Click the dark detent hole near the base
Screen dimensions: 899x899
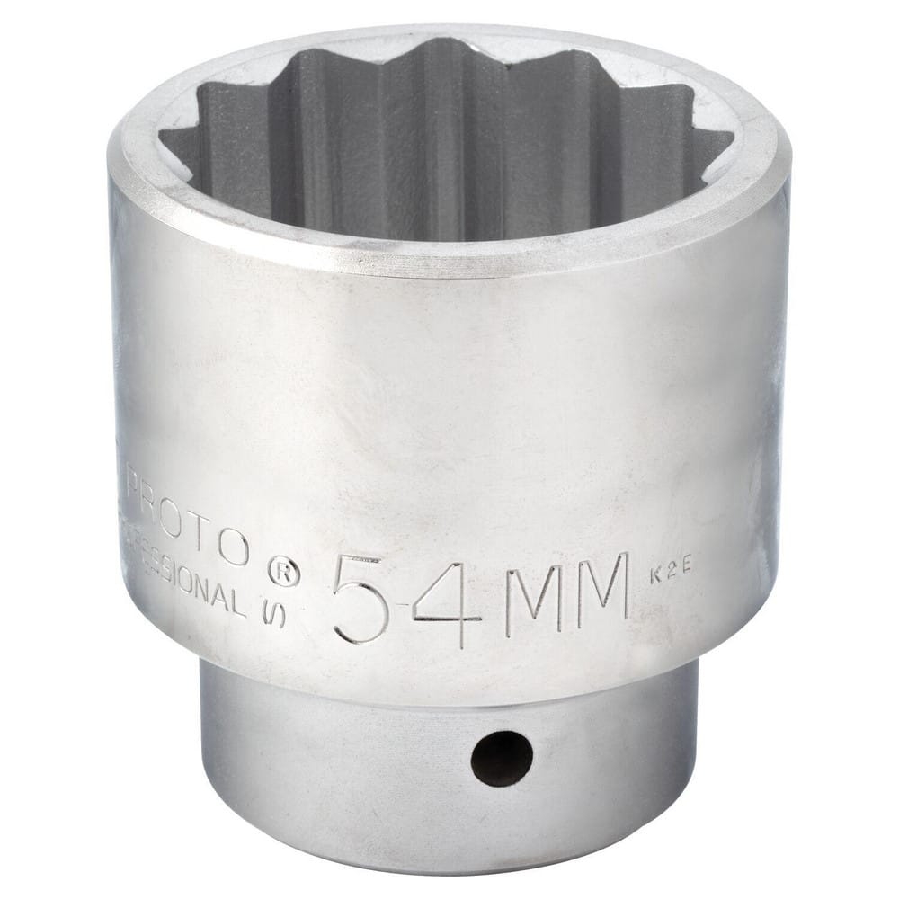[501, 758]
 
